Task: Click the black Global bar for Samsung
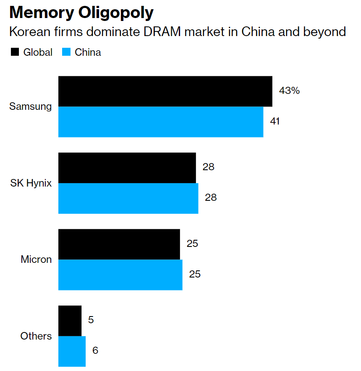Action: coord(165,91)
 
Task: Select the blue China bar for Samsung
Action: coord(161,122)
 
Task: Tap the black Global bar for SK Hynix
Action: coord(127,168)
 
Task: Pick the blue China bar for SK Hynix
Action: coord(128,198)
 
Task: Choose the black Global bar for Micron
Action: coord(119,244)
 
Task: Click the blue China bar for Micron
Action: coord(120,275)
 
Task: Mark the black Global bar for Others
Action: coord(70,321)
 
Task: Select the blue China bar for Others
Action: coord(72,351)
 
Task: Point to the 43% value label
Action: coord(289,91)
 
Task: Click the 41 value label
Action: coord(275,121)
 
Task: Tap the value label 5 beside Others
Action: coord(91,320)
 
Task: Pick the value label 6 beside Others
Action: coord(95,350)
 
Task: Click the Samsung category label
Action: coord(31,106)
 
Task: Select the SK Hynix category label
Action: coord(31,183)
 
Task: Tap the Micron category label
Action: coord(36,259)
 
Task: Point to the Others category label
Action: coord(36,336)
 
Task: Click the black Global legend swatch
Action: coord(15,52)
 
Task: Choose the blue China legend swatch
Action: coord(66,52)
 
